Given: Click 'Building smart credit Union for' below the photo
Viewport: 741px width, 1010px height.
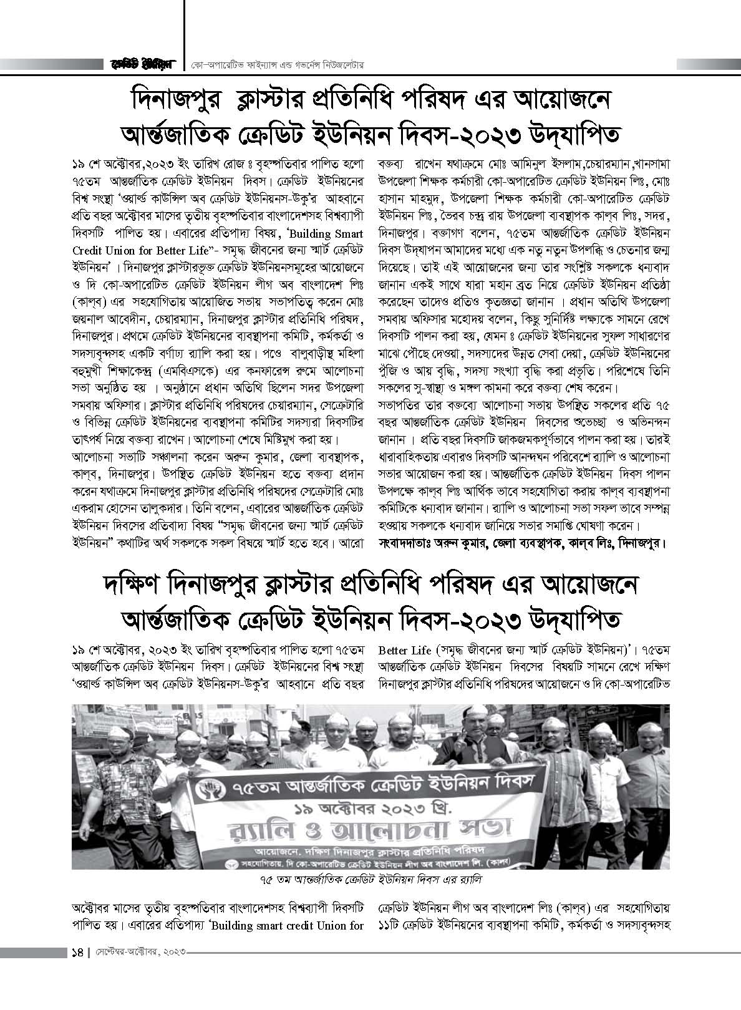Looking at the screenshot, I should tap(287, 943).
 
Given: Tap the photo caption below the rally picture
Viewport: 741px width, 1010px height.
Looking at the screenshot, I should tap(371, 880).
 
